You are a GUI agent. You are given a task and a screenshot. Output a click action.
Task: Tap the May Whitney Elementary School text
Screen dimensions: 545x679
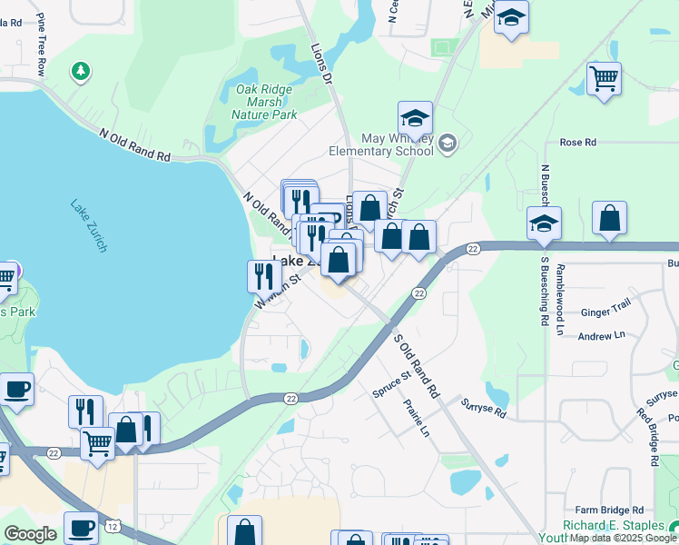[x=398, y=144]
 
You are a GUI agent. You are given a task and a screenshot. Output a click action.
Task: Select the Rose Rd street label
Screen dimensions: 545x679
[x=577, y=143]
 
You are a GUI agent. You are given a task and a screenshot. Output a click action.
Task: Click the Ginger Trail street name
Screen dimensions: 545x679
[x=605, y=311]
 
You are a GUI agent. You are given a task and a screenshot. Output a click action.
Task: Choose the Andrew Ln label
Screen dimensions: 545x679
[x=602, y=335]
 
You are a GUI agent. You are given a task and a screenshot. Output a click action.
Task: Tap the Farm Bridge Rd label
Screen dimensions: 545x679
[x=609, y=510]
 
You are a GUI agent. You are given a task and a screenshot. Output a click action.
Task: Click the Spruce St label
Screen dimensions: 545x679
[x=392, y=382]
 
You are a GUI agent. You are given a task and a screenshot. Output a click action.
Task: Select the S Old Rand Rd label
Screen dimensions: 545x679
[x=416, y=366]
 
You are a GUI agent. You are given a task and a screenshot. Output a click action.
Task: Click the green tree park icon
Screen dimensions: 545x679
[x=82, y=70]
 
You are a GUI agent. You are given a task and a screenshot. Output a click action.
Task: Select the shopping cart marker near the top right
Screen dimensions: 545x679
[x=603, y=78]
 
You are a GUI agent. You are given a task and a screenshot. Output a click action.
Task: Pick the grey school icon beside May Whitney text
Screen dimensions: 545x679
[x=448, y=144]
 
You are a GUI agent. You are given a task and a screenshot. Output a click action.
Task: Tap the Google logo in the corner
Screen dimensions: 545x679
[x=31, y=534]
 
